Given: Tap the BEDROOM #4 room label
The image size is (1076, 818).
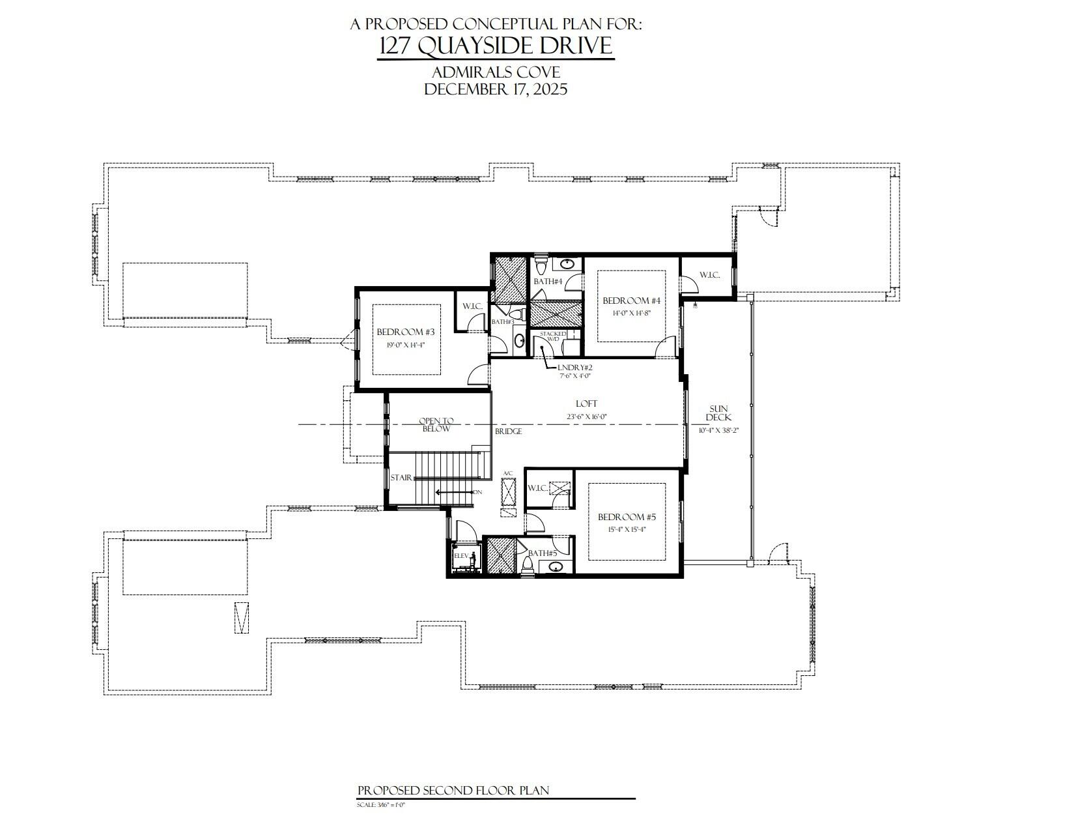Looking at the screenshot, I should (631, 300).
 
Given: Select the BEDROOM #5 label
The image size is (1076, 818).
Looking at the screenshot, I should (627, 517).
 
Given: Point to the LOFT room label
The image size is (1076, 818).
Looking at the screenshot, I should (586, 404).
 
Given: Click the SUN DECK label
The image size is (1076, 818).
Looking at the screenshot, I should (719, 413).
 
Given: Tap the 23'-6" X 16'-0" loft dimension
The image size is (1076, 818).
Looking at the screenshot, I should (586, 416).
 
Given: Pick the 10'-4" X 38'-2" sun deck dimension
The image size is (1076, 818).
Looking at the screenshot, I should (718, 430).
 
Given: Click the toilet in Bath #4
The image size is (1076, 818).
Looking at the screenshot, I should (540, 267).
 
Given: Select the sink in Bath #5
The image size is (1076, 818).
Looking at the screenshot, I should (556, 567).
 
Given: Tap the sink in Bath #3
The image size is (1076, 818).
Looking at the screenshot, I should (519, 340).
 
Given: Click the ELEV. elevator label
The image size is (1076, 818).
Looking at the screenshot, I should (461, 556).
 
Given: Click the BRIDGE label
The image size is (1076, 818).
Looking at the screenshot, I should (508, 431).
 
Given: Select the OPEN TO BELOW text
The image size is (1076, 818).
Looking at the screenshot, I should (436, 424).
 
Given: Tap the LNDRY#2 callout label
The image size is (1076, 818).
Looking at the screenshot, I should (575, 368).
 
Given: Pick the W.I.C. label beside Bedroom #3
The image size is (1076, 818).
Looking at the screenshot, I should (472, 306).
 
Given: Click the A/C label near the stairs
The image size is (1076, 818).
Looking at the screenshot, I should (508, 473).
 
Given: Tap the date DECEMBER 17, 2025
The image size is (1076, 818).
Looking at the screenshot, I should (496, 89).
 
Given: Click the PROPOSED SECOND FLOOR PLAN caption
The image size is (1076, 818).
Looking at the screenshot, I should (453, 791).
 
